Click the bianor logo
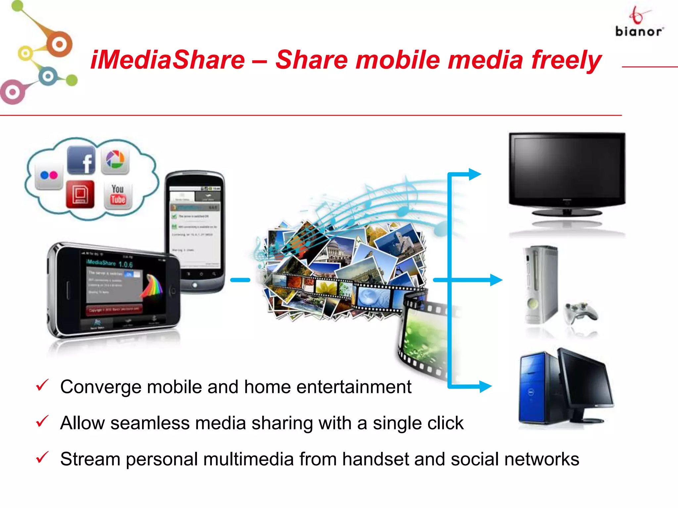pyautogui.click(x=639, y=23)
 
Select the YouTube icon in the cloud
pyautogui.click(x=118, y=195)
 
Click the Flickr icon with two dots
pyautogui.click(x=49, y=175)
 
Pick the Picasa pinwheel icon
pyautogui.click(x=115, y=160)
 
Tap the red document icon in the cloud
pyautogui.click(x=80, y=194)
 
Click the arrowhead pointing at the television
pyautogui.click(x=475, y=174)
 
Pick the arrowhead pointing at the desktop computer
pyautogui.click(x=485, y=386)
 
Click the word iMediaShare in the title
pyautogui.click(x=168, y=60)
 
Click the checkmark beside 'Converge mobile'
pyautogui.click(x=42, y=385)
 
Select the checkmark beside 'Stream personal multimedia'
pyautogui.click(x=42, y=457)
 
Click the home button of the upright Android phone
pyautogui.click(x=195, y=285)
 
